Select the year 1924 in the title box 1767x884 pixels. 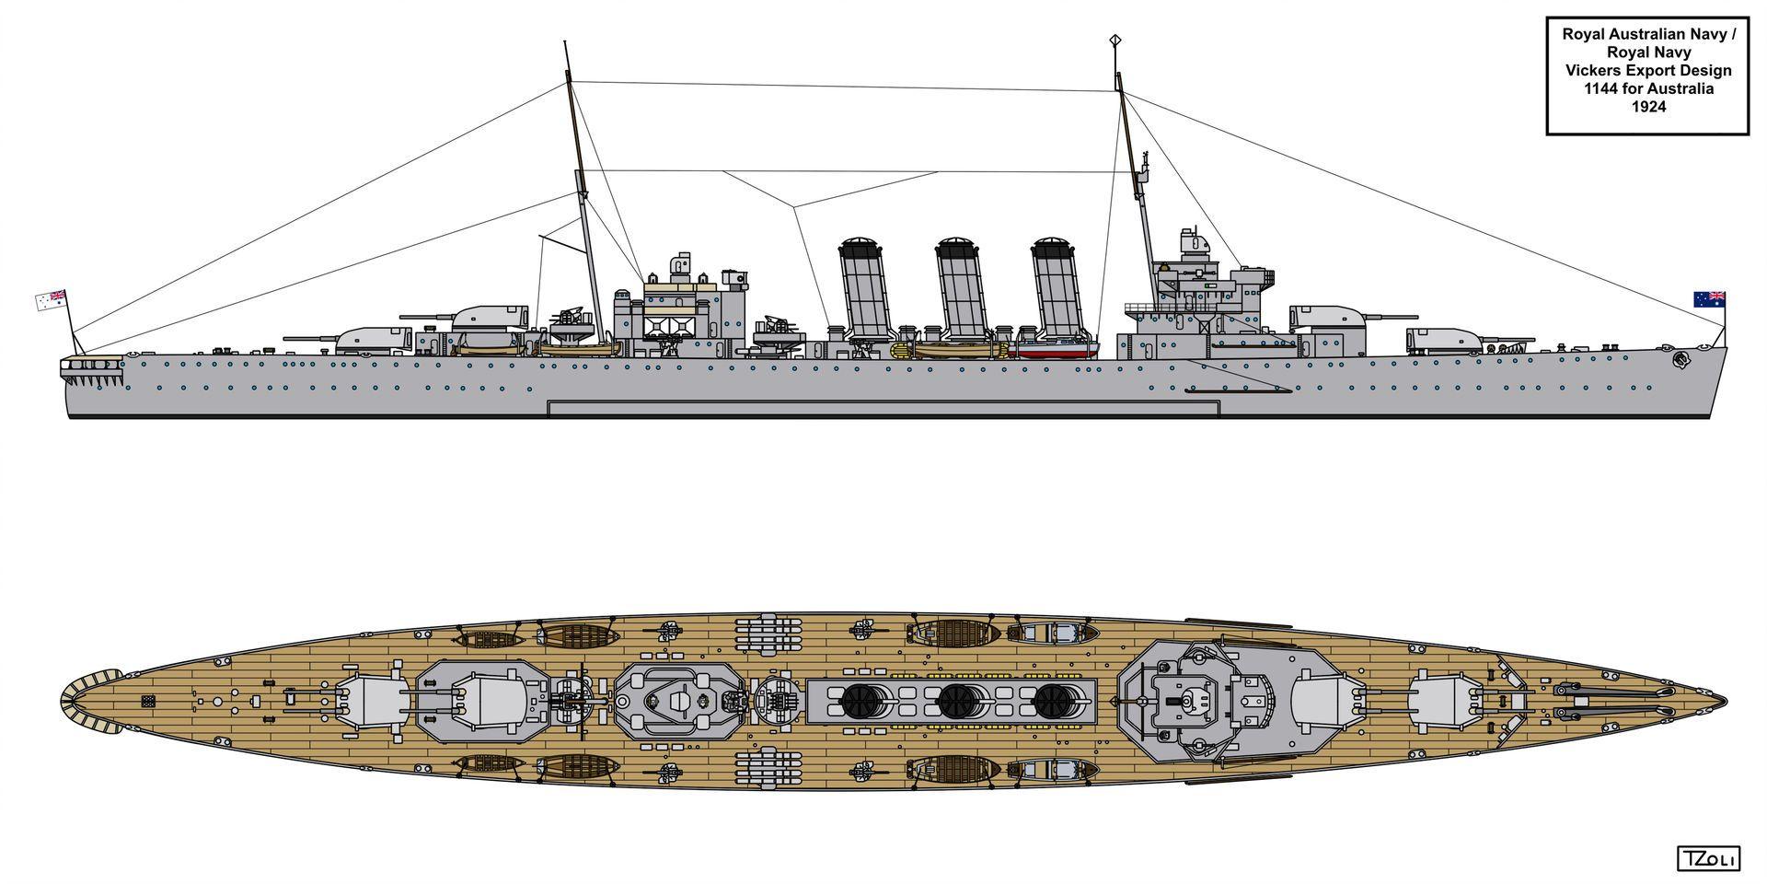[x=1646, y=107]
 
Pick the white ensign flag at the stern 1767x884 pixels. [x=51, y=299]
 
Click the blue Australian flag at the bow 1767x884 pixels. [x=1709, y=298]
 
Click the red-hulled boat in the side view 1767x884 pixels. [x=1057, y=348]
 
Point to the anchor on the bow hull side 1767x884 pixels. [x=1681, y=360]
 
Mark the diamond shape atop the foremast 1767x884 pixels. [x=1115, y=40]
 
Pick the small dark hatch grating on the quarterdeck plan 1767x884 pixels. [x=148, y=702]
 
